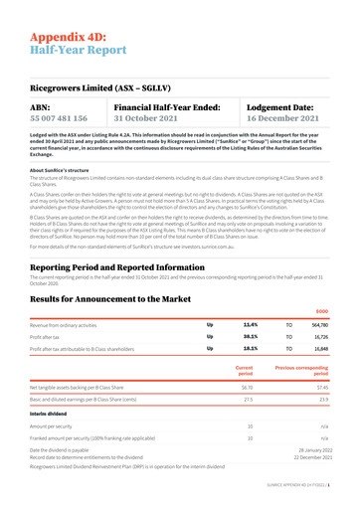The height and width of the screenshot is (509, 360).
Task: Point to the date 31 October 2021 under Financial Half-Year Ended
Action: pyautogui.click(x=152, y=117)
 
